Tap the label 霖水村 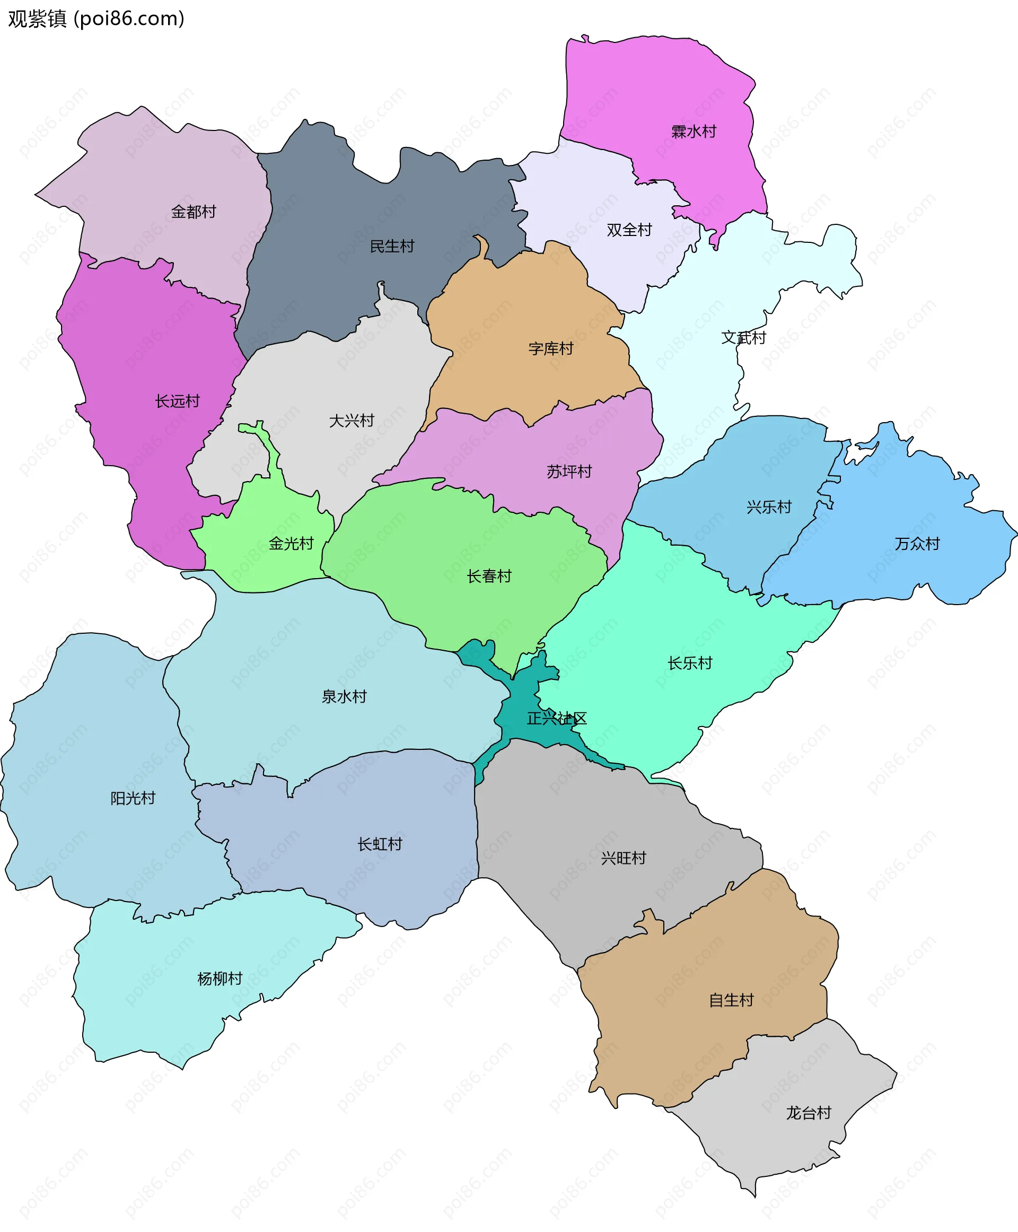pos(694,132)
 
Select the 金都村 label pos(194,211)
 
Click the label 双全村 pos(629,230)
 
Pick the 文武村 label pos(743,337)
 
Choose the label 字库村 pos(551,348)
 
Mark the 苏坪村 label pos(569,471)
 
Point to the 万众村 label pos(917,543)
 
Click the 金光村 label pos(291,543)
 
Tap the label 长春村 pos(489,576)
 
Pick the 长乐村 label pos(690,663)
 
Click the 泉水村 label pos(344,696)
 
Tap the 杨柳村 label pos(220,978)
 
